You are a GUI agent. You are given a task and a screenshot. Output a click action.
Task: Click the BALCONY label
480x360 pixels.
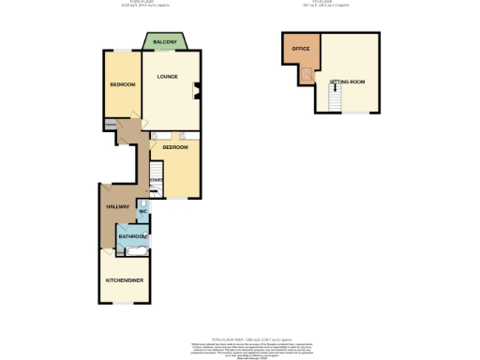point(165,42)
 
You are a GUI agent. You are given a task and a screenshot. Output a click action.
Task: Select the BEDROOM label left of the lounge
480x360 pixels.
point(122,85)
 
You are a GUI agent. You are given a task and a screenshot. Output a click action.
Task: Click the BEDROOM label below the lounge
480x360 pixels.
point(175,147)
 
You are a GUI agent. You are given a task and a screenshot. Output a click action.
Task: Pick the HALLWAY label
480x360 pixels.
point(117,206)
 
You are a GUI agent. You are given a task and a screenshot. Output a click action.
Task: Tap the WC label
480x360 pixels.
point(143,211)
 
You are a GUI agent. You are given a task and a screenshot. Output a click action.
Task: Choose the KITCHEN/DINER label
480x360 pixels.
point(122,280)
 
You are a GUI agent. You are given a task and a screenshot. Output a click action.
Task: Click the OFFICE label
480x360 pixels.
point(300,48)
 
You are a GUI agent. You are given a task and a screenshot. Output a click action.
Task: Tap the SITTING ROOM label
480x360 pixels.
point(347,82)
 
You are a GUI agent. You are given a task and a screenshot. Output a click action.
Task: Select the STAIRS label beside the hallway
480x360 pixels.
point(157,180)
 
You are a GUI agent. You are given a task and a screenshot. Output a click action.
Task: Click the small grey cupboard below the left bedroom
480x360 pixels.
point(111,125)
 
